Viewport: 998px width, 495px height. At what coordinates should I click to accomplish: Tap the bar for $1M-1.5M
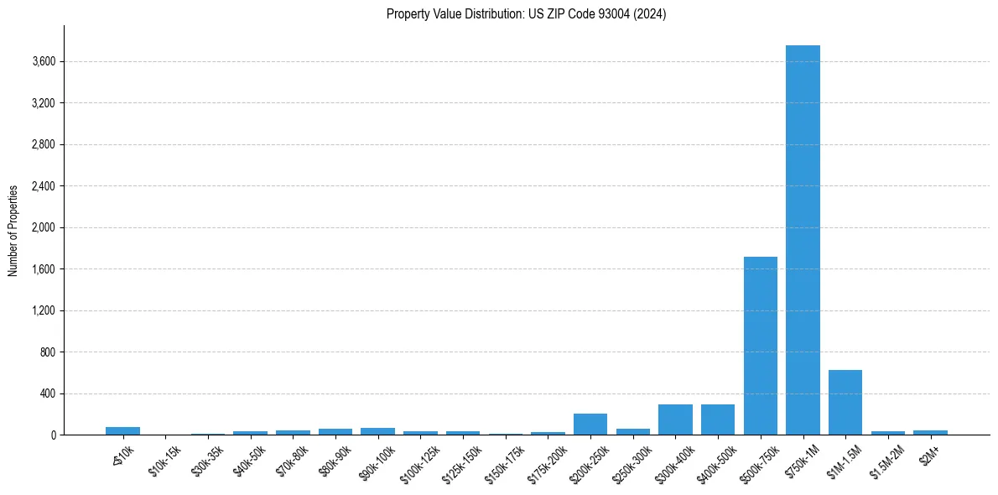(845, 403)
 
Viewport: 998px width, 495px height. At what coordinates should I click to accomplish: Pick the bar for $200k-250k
(590, 425)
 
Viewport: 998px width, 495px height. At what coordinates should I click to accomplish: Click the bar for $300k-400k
(675, 419)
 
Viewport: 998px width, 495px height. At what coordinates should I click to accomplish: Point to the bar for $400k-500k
(718, 419)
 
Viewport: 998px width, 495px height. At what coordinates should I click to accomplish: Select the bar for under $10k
(122, 431)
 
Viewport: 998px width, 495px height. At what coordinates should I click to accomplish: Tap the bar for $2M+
(930, 432)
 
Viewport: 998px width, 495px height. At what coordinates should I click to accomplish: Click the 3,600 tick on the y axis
(43, 61)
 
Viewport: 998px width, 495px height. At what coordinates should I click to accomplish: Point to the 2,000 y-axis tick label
(43, 227)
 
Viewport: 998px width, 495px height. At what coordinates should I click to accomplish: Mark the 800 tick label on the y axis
(47, 352)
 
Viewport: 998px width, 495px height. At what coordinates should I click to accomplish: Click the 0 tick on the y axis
(52, 435)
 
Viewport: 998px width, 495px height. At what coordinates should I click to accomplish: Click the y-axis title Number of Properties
(13, 230)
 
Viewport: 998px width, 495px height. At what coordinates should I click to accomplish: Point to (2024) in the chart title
(651, 14)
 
